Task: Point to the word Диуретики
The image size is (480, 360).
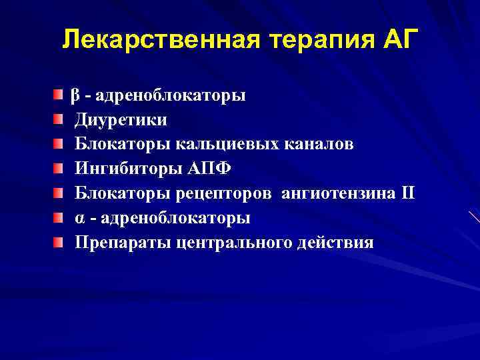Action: [x=121, y=120]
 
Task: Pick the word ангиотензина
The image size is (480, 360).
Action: [x=335, y=193]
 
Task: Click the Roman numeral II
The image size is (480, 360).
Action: [x=406, y=193]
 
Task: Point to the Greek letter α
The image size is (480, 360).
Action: [x=79, y=218]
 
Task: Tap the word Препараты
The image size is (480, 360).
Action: [x=123, y=242]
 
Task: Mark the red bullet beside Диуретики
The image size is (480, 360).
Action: [x=59, y=120]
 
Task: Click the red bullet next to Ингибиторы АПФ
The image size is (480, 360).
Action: [x=59, y=169]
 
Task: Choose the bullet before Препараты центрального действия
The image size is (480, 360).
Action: [x=59, y=242]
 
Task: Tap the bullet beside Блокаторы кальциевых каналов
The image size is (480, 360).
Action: [x=59, y=144]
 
